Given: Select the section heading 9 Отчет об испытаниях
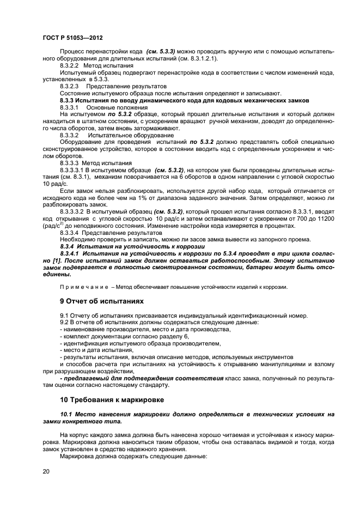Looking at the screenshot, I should point(102,300).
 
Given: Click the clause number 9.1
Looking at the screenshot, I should point(64,315).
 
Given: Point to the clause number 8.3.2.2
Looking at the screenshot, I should point(70,65).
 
